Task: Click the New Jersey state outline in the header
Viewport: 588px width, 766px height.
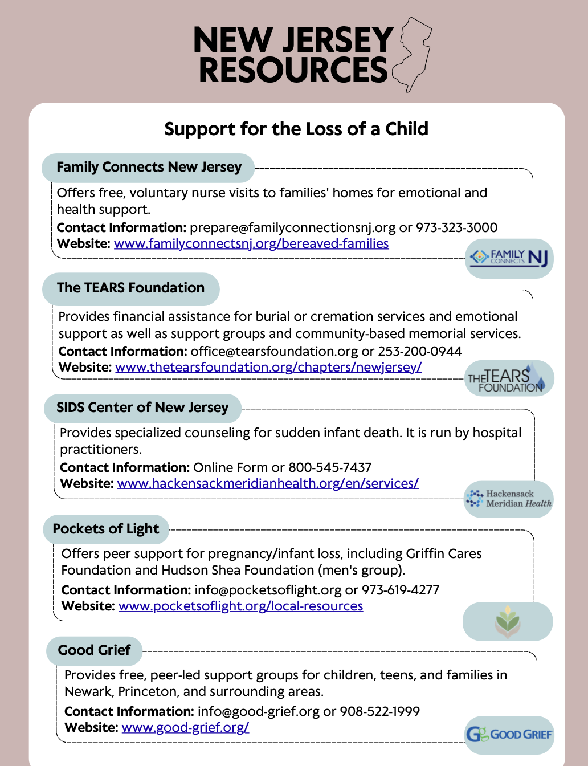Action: [413, 54]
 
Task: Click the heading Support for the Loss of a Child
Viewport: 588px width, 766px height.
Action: [296, 129]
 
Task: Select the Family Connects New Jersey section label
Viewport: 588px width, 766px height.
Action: [149, 168]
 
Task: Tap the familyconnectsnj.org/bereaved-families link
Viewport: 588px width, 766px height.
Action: [251, 244]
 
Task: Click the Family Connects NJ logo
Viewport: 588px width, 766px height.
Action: [509, 258]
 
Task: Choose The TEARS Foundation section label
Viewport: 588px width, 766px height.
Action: [130, 288]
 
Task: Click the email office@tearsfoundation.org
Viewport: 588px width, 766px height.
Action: [274, 352]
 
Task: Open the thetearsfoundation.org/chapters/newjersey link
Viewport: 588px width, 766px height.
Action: [268, 368]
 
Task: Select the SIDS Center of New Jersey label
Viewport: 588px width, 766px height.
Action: [142, 408]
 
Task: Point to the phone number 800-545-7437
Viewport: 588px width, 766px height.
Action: [330, 468]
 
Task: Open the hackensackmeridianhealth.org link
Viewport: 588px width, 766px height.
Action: [268, 484]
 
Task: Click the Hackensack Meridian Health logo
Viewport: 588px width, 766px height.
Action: [509, 499]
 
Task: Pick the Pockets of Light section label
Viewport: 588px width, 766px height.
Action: [106, 529]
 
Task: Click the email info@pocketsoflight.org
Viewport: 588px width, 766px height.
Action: [268, 590]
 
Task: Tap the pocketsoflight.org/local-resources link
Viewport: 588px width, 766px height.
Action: [240, 606]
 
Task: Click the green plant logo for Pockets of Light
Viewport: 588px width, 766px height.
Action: [508, 622]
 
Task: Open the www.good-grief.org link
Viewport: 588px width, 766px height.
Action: [185, 728]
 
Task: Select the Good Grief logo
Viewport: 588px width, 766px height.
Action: [509, 734]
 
